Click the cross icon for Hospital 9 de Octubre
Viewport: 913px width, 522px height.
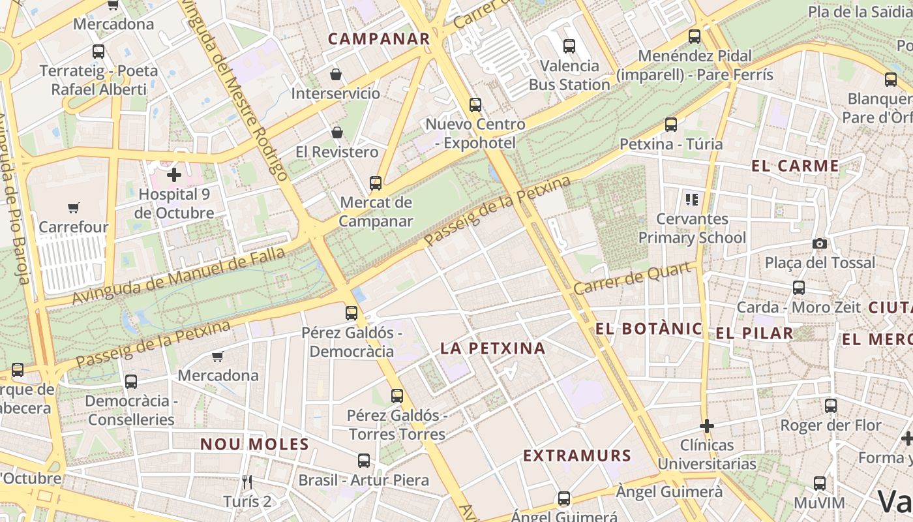pos(174,175)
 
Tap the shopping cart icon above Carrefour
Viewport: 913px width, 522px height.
pos(74,208)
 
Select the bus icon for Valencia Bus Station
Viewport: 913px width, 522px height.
pos(569,46)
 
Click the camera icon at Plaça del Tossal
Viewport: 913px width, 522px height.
pos(820,243)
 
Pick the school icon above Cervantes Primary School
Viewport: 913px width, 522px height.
pos(691,199)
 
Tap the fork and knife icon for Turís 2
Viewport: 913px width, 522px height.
pos(247,482)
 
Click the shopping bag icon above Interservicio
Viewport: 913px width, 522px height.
pos(335,74)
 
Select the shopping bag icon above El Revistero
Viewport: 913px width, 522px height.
pos(337,132)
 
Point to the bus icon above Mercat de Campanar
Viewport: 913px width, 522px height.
pos(376,183)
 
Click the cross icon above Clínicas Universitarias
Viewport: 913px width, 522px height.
pos(706,426)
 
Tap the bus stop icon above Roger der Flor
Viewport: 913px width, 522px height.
pos(830,406)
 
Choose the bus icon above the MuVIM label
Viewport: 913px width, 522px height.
pos(820,484)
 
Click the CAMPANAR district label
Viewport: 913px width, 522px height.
pos(379,38)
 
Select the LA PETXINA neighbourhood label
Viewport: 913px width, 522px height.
pos(493,348)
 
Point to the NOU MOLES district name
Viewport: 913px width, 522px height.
pos(254,444)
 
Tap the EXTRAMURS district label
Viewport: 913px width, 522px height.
pos(577,455)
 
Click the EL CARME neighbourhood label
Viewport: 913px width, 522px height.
pos(795,166)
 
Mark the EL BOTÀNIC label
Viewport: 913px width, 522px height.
pos(649,328)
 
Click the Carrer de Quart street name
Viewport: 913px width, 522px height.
pos(632,279)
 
